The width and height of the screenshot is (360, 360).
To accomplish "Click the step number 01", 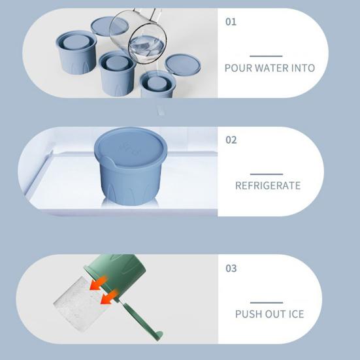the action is coord(231,22).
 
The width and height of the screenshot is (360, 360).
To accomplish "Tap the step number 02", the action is coord(231,140).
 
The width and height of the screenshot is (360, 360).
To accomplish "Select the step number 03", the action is coord(231,268).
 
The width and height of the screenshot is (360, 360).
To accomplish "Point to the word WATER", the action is coord(272,68).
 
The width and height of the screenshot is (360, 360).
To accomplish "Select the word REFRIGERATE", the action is coord(268,186).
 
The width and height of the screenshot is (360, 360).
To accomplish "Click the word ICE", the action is coord(296,314).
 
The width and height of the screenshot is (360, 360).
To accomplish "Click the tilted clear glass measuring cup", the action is coord(139,37).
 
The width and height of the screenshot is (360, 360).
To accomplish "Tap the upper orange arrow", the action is coord(98,284).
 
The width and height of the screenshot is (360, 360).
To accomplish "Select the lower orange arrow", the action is coord(109,297).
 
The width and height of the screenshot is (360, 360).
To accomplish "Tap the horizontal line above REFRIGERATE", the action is coord(267,174).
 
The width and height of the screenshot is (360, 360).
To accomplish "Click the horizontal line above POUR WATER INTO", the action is coord(266,56).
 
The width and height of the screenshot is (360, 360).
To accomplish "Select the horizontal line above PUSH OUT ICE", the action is coord(267,303).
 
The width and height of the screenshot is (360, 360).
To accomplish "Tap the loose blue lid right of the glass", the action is coord(183,64).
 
